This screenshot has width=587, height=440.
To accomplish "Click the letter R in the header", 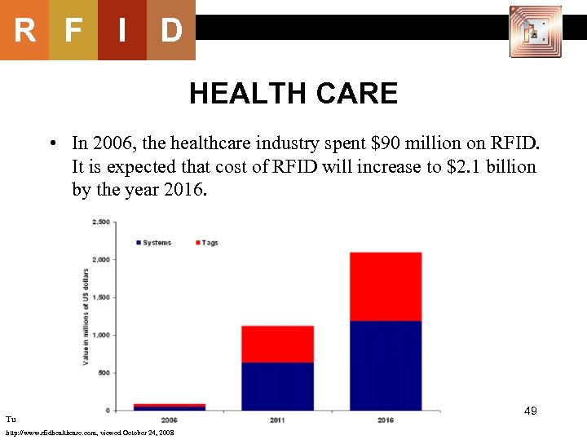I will [24, 31].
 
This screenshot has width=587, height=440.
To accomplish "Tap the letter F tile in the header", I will [73, 31].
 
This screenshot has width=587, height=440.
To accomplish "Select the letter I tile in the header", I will [122, 31].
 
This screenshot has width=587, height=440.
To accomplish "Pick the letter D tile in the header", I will [171, 31].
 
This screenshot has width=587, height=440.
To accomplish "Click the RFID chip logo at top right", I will [535, 32].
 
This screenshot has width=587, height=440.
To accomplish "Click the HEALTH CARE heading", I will [293, 95].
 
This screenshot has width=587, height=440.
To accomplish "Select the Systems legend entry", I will [152, 243].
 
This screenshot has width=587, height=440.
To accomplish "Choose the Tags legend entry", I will [206, 243].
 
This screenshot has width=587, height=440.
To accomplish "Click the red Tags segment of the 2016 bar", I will [386, 286].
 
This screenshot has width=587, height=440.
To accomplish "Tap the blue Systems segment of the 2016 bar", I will [386, 365].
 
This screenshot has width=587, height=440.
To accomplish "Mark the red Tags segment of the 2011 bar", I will [277, 344].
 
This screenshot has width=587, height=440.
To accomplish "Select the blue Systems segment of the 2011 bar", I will [277, 386].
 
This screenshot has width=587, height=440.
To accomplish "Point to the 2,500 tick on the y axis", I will [101, 222].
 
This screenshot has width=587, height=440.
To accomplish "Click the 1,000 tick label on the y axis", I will [101, 335].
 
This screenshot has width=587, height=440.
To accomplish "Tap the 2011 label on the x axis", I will [277, 420].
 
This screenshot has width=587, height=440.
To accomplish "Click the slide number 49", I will [530, 412].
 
